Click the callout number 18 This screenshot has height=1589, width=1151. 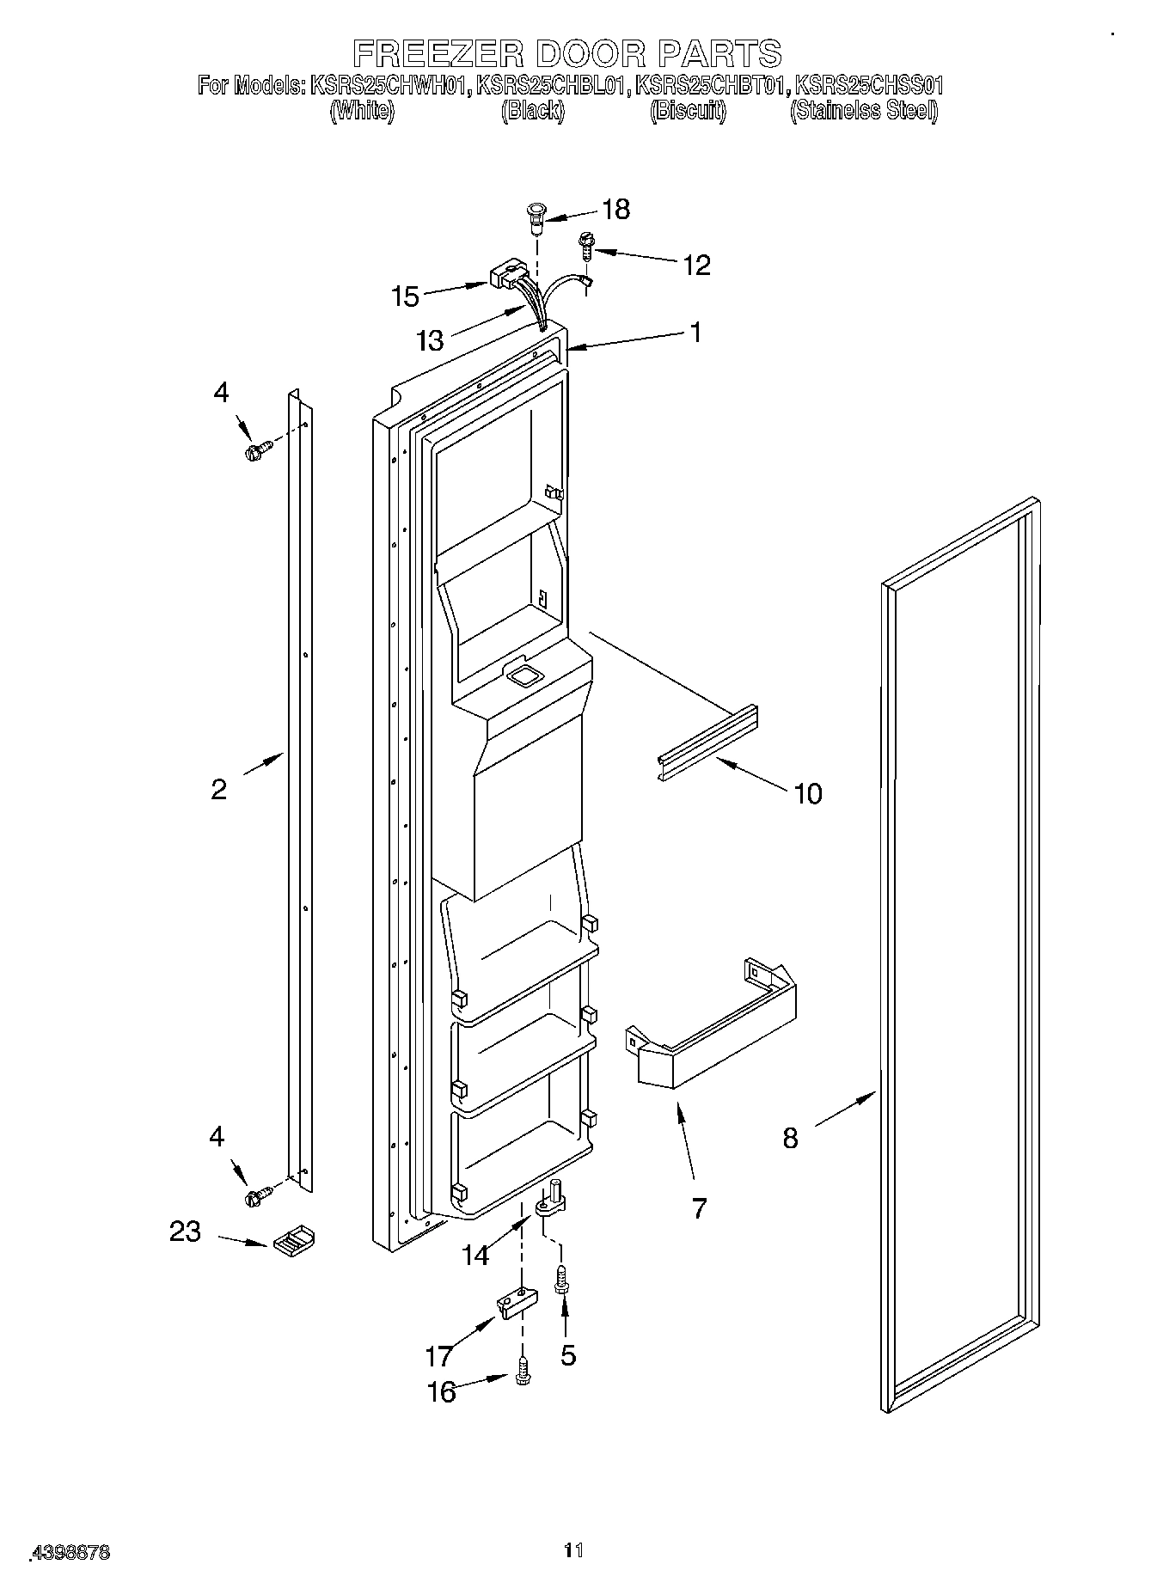pos(616,209)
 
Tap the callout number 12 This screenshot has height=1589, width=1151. pos(695,265)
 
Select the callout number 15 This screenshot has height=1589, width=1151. pos(405,296)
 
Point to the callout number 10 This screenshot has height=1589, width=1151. pos(807,793)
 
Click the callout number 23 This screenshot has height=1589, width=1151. pos(185,1231)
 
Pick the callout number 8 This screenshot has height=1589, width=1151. pos(790,1138)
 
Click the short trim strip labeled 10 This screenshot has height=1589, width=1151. pos(707,744)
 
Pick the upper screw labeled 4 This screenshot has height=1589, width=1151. pos(259,451)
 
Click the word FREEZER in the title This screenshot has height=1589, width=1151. pos(438,53)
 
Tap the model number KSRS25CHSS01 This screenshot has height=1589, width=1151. pos(869,85)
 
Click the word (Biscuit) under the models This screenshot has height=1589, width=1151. pos(688,111)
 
